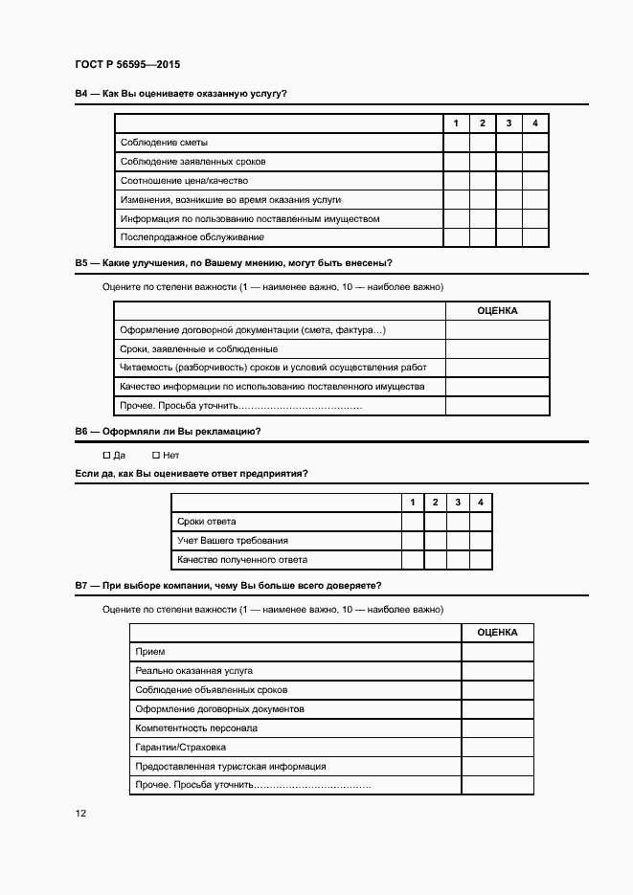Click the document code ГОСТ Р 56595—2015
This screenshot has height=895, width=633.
[x=127, y=65]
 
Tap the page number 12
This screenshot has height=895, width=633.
[x=80, y=813]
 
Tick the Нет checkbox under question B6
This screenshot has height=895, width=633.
[x=156, y=455]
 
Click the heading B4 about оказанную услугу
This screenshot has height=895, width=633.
[x=181, y=94]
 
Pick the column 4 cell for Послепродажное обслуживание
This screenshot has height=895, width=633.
[x=535, y=237]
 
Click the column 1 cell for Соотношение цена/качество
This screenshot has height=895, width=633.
[x=456, y=181]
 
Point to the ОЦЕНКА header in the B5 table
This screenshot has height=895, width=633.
[x=497, y=311]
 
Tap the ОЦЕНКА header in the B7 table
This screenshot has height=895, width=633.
[x=497, y=633]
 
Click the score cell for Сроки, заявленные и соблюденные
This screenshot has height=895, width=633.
[x=497, y=349]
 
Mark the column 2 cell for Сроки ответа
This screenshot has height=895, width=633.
[x=435, y=522]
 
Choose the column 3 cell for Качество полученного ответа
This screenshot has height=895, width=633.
[x=458, y=560]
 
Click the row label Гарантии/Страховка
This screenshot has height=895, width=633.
[x=181, y=748]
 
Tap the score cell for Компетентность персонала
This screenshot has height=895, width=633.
[x=497, y=728]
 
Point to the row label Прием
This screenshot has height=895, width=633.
[x=150, y=652]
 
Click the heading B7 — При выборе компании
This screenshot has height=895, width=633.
[x=228, y=585]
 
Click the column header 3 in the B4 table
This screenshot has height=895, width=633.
[x=509, y=123]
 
